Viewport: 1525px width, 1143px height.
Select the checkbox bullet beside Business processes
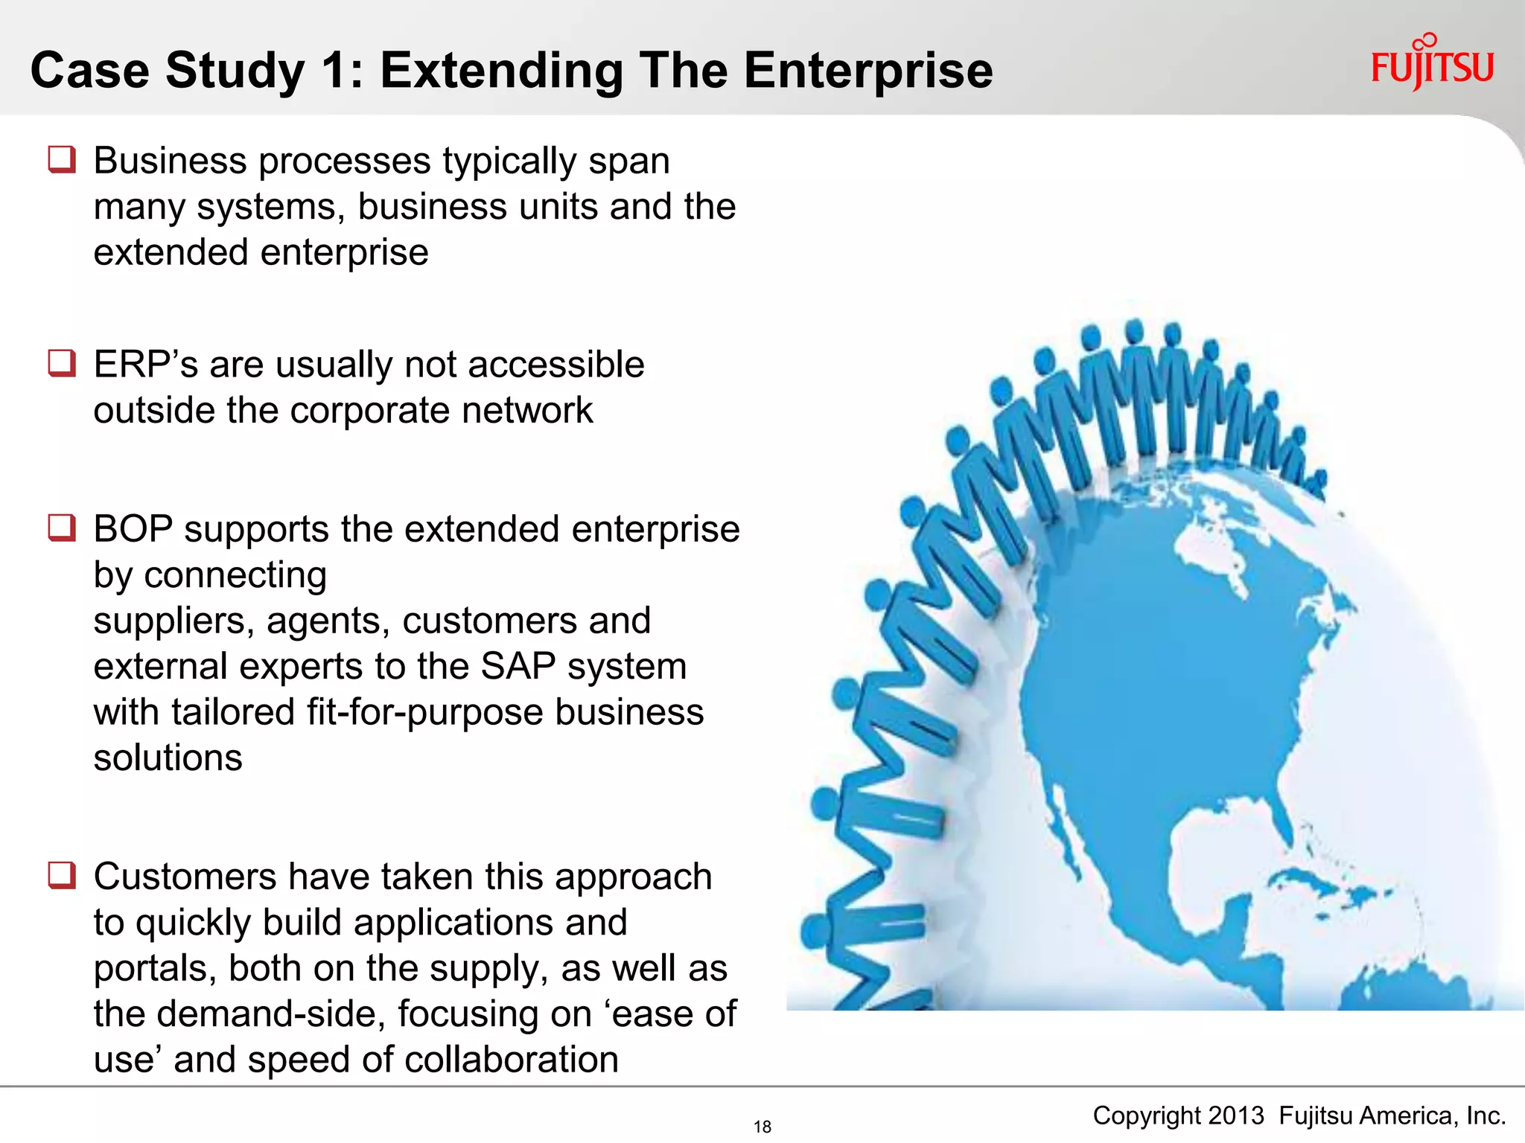pyautogui.click(x=62, y=160)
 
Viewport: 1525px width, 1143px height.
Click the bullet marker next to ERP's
pyautogui.click(x=62, y=364)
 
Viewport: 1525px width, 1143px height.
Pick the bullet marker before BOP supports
pyautogui.click(x=62, y=528)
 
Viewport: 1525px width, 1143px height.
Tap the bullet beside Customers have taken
pyautogui.click(x=62, y=875)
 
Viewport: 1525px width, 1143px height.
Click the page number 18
pyautogui.click(x=762, y=1127)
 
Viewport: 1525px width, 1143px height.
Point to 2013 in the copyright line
pyautogui.click(x=1236, y=1115)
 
